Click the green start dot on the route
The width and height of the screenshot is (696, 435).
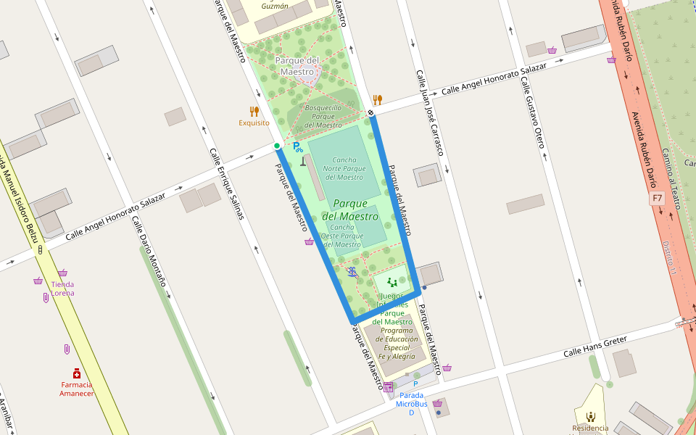point(277,146)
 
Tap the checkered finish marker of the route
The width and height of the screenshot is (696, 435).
point(370,113)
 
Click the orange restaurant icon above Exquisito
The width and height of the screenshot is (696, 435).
point(254,111)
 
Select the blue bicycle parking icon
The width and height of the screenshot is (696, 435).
point(297,146)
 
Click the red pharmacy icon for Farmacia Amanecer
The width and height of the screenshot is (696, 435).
point(76,373)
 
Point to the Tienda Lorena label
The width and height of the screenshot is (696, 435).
point(62,289)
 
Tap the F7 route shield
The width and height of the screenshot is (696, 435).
point(657,197)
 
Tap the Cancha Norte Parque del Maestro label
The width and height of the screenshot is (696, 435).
point(344,168)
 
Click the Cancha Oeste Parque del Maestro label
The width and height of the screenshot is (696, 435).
point(341,236)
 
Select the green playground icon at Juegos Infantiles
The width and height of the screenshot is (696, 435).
point(392,281)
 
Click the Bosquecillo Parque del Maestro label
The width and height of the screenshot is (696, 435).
point(323,116)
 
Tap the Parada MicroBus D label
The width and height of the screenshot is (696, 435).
point(411,404)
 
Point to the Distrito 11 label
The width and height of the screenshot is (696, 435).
point(668,257)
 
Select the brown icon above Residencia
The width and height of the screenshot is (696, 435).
point(591,416)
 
